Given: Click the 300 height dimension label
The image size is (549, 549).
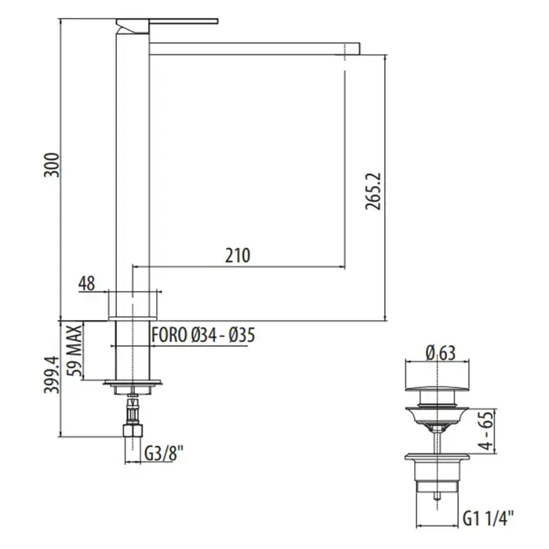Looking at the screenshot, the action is coord(52,165).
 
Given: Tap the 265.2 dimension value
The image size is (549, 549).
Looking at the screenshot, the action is coord(373,191).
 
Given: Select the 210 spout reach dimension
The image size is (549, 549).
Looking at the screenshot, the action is coord(238,255).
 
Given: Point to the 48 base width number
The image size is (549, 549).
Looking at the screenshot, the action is coord(86,283).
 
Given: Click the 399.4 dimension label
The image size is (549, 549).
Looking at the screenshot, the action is coord(52,375).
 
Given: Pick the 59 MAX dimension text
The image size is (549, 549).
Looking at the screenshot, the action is coord(75,350).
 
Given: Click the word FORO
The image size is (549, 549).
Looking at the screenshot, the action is coord(169,335).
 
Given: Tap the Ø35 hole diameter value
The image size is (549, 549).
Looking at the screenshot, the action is coord(242,335).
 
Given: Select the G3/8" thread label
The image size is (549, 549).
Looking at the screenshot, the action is coord(164,454).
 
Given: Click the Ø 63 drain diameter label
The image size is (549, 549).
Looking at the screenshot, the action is coord(441,353).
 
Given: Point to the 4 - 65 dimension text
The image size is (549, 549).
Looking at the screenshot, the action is coord(486,431).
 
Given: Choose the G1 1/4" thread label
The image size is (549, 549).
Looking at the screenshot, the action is coord(489,518).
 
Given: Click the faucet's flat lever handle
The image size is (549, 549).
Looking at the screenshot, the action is coord(167,21).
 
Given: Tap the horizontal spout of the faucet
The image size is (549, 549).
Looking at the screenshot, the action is coord(255,49).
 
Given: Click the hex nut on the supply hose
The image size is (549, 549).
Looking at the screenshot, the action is coord(133,431).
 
